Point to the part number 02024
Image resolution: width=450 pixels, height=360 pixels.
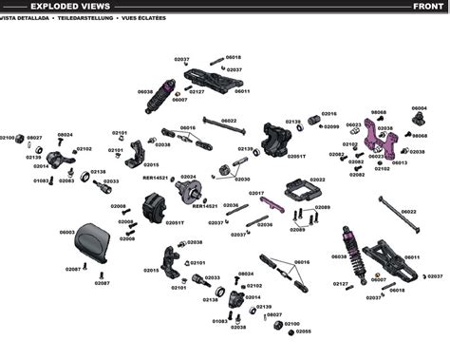[188, 177]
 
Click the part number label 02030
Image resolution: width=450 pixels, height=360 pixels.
[242, 180]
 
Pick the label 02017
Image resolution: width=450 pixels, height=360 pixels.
[256, 193]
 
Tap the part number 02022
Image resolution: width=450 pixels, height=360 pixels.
[317, 179]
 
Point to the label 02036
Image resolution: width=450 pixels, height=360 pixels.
[265, 225]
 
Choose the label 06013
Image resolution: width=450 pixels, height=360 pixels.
[400, 162]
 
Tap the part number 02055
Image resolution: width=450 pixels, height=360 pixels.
[304, 332]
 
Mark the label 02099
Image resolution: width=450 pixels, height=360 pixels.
[331, 126]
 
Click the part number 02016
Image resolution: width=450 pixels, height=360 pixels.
[329, 113]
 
